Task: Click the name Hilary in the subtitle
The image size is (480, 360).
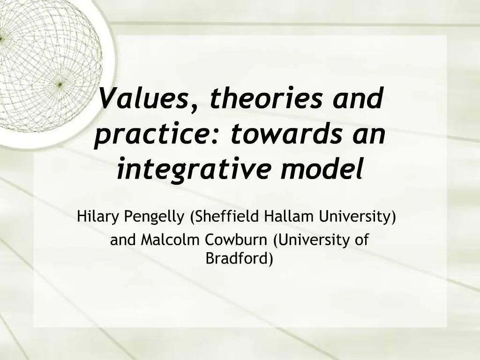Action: click(98, 217)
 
